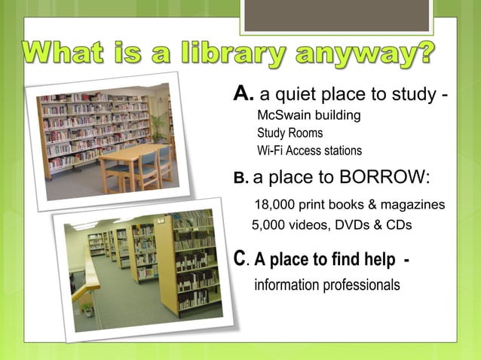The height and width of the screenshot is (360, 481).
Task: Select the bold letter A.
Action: click(x=243, y=93)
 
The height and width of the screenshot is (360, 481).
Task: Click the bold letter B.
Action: click(x=240, y=179)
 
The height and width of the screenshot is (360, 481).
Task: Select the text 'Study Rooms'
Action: click(x=290, y=133)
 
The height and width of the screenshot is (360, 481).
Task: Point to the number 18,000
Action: click(x=277, y=204)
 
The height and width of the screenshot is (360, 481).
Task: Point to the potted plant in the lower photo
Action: click(x=87, y=307)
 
